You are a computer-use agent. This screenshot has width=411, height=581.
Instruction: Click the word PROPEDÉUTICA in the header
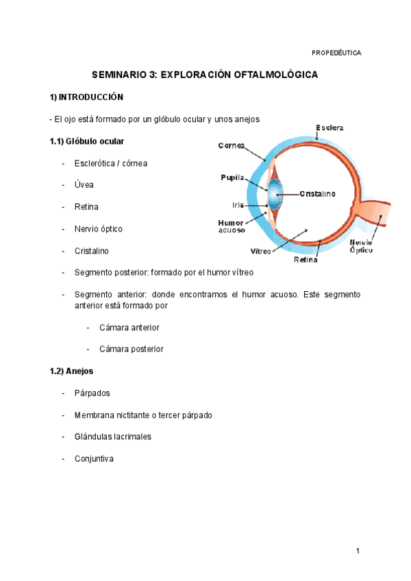pyautogui.click(x=336, y=53)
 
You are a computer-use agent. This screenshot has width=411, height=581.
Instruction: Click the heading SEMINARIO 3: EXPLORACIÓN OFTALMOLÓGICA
pyautogui.click(x=206, y=75)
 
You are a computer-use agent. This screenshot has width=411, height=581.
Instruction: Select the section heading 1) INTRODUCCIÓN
pyautogui.click(x=86, y=97)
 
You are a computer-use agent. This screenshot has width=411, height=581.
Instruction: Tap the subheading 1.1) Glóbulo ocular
pyautogui.click(x=86, y=141)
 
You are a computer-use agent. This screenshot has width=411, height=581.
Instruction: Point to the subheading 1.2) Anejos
pyautogui.click(x=71, y=371)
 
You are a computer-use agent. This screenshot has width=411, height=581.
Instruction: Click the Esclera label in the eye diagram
pyautogui.click(x=329, y=127)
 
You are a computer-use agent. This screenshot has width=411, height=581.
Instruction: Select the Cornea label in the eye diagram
pyautogui.click(x=233, y=145)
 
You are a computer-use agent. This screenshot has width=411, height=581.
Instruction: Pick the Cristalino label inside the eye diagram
pyautogui.click(x=316, y=194)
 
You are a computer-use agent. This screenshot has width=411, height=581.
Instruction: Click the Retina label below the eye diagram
pyautogui.click(x=306, y=260)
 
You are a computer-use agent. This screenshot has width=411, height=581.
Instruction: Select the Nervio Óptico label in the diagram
pyautogui.click(x=362, y=247)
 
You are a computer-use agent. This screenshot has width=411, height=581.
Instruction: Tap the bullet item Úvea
pyautogui.click(x=84, y=185)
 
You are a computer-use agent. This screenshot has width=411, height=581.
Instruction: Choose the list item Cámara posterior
pyautogui.click(x=132, y=349)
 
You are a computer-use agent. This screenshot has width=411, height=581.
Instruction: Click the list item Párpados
pyautogui.click(x=92, y=393)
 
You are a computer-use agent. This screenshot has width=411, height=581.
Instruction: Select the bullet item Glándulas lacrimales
pyautogui.click(x=113, y=436)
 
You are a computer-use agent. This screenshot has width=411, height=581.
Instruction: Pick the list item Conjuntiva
pyautogui.click(x=94, y=458)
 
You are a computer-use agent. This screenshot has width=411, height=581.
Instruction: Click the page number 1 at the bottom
pyautogui.click(x=358, y=551)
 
